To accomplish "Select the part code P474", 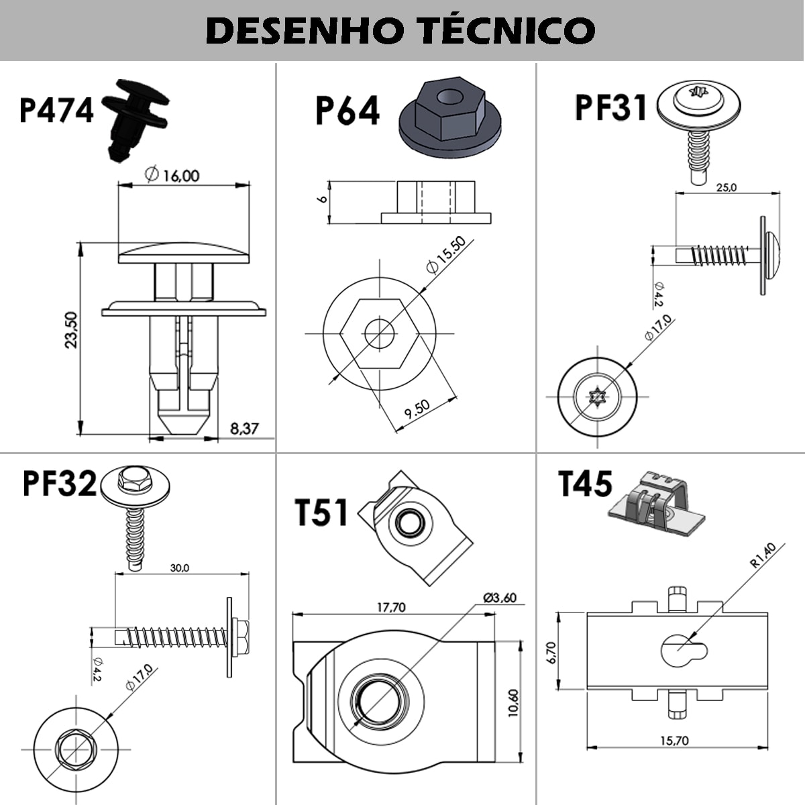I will (x=56, y=111).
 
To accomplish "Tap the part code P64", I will (x=347, y=111).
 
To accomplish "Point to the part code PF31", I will (x=610, y=107).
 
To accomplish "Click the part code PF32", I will (x=59, y=483).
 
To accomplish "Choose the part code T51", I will (x=322, y=512).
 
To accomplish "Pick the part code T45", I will (x=585, y=484).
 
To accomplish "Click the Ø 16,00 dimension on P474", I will (x=172, y=175).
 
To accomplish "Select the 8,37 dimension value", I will (x=244, y=428).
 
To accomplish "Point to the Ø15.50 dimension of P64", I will (x=445, y=256).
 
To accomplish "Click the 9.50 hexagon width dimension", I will (x=417, y=409).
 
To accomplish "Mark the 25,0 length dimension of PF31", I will (x=726, y=188).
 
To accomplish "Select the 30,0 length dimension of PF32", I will (x=179, y=568).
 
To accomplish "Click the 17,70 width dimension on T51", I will (x=390, y=607).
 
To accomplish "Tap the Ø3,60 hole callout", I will (x=499, y=597).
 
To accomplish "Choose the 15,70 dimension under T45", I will (x=674, y=741).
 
